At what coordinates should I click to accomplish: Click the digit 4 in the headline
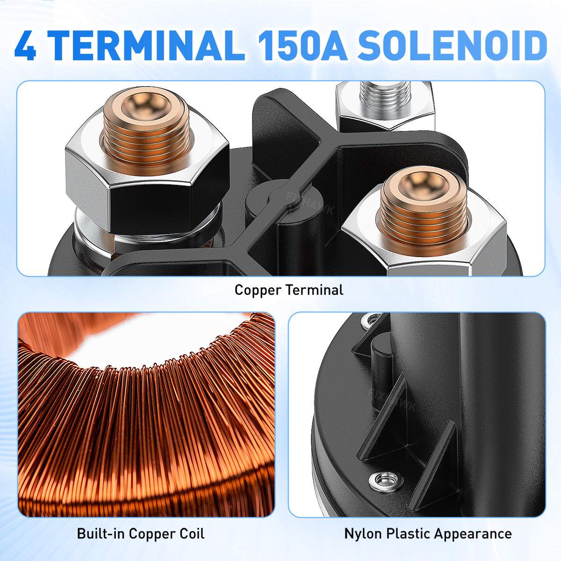coord(25,45)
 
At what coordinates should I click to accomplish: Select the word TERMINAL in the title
coord(146,45)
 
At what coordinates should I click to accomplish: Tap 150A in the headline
coord(303,45)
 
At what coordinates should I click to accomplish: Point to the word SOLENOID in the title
coord(452,45)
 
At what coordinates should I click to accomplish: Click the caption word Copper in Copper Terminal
coord(258,290)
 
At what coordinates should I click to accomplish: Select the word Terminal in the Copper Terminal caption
coord(315,290)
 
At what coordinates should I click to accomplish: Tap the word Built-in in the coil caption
coord(101,533)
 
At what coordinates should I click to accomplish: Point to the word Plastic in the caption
coord(409,533)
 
